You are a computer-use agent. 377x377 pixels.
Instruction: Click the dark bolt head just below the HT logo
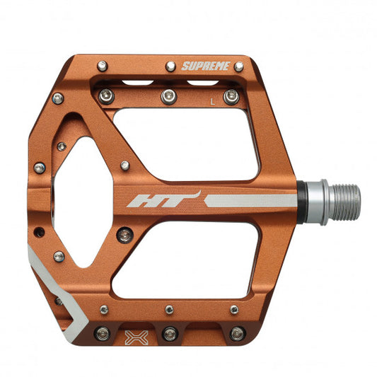coord(126,234)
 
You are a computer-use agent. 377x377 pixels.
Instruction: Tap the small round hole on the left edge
coord(40,231)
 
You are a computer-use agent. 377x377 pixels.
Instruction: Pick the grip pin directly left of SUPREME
coord(170,66)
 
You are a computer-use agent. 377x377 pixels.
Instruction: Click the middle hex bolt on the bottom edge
coord(169,332)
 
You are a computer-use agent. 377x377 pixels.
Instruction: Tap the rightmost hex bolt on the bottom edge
coord(236,332)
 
